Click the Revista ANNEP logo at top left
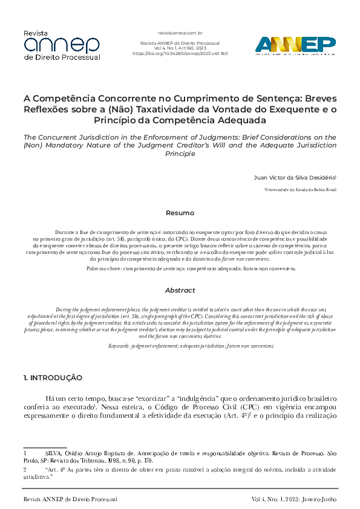pos(61,45)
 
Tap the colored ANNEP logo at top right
pos(295,45)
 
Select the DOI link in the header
pos(180,54)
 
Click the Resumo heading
pos(180,213)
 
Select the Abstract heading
pos(180,290)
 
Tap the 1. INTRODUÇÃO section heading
pos(53,378)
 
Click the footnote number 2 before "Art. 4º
pos(25,468)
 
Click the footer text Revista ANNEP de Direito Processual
pos(70,499)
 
